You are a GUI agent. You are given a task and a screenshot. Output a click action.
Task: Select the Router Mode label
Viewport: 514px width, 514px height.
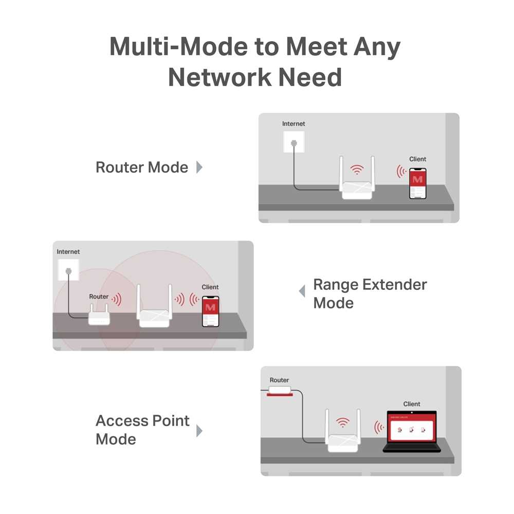(142, 167)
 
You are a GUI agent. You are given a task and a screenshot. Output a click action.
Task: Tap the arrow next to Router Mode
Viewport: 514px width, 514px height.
(199, 167)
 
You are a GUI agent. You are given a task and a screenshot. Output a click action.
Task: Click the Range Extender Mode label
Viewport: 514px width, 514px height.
(370, 293)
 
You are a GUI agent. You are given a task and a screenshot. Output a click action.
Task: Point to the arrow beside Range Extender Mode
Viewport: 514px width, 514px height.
(302, 291)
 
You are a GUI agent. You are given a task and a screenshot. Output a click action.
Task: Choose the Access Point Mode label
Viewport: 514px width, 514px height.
(142, 430)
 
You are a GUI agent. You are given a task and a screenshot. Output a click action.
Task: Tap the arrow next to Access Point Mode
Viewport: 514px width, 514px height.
(199, 431)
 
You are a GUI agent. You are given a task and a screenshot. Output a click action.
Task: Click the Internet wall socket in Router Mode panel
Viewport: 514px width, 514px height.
(294, 141)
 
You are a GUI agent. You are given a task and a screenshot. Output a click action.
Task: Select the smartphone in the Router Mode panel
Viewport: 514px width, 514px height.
(417, 183)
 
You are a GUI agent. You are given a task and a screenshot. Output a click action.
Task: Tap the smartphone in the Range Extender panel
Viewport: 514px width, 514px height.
(210, 311)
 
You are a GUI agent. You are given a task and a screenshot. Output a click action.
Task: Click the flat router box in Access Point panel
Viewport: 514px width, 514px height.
(280, 391)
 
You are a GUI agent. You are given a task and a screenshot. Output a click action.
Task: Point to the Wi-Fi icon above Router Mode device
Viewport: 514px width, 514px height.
(356, 170)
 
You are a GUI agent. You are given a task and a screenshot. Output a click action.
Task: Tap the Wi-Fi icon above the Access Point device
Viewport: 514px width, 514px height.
(342, 423)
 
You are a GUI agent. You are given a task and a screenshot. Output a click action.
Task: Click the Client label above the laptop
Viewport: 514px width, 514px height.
(412, 404)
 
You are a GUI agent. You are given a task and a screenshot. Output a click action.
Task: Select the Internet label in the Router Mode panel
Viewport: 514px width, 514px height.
(293, 124)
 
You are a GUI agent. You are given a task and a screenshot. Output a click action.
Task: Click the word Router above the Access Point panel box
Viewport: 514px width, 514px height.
(279, 380)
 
